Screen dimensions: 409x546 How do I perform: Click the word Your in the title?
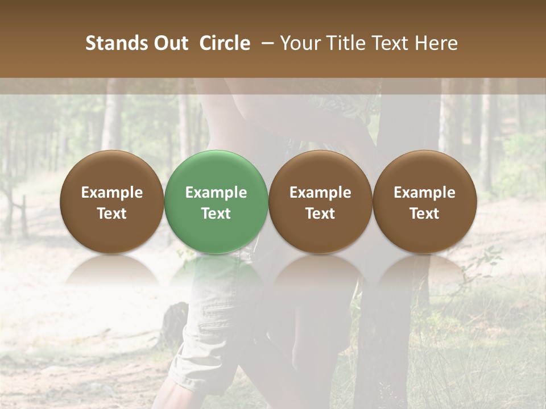tap(300, 44)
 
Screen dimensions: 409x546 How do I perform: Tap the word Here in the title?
tap(436, 44)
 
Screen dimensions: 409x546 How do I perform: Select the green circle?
tap(216, 202)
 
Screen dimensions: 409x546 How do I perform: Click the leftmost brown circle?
tap(112, 202)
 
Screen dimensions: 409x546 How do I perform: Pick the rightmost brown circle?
tap(424, 202)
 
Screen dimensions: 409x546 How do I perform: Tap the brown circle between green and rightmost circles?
tap(320, 202)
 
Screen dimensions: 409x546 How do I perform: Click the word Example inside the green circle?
tap(216, 193)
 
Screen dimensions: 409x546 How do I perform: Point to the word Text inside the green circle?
tap(216, 214)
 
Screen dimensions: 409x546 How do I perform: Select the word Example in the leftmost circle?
tap(112, 193)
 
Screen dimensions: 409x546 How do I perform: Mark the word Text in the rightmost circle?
tap(424, 214)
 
